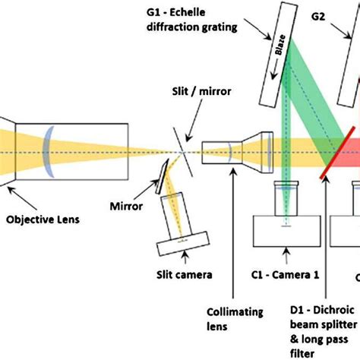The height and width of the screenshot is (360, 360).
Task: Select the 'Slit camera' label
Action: pyautogui.click(x=185, y=274)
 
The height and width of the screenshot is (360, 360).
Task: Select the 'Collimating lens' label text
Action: pyautogui.click(x=235, y=319)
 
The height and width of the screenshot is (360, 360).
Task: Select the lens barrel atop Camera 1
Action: pyautogui.click(x=286, y=199)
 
